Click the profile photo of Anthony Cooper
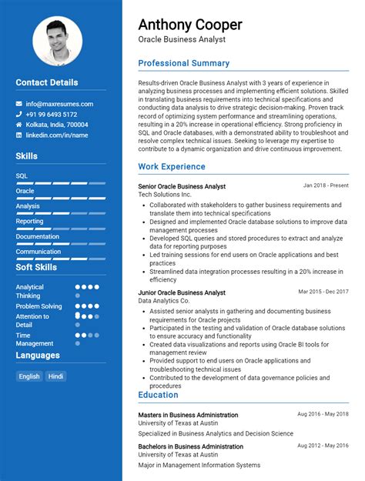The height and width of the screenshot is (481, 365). point(58,42)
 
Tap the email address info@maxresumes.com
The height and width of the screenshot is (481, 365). point(59,104)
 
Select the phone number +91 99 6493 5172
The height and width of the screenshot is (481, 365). point(52,114)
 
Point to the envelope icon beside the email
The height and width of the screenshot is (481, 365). point(18,104)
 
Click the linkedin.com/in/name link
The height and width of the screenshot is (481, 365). point(57,135)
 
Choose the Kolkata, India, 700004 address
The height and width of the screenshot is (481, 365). point(57,125)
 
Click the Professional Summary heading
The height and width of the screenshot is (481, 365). point(183,63)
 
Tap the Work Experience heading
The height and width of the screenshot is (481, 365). point(172,166)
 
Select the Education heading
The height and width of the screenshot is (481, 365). point(159,395)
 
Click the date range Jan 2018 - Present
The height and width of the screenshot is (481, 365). point(326,185)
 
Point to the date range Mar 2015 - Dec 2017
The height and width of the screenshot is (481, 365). point(323,292)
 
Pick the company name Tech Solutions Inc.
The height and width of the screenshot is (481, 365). point(165,195)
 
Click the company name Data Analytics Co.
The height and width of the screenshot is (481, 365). point(164,301)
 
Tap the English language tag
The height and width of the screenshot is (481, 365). point(29,376)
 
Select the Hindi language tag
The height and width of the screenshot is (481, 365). point(55,376)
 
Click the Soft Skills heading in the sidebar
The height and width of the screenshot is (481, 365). point(36,267)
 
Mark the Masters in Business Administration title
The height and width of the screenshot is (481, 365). point(188,415)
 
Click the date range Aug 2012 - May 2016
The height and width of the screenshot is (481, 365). point(323,446)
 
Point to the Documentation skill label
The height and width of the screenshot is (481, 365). point(38,236)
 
